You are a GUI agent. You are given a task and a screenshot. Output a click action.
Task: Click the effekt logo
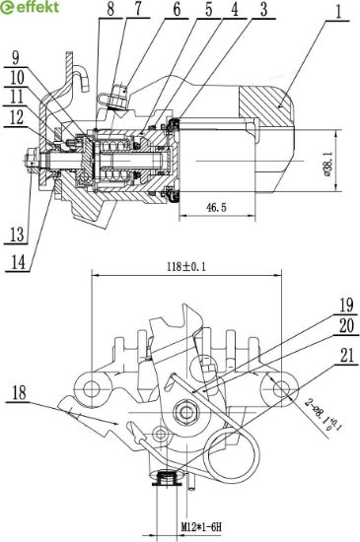30,7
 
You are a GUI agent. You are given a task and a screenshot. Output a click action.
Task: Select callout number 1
339,12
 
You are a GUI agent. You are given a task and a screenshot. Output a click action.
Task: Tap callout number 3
264,9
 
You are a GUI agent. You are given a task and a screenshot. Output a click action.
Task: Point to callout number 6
177,9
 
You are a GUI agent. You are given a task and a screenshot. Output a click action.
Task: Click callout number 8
110,9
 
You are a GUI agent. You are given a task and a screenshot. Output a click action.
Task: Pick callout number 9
16,57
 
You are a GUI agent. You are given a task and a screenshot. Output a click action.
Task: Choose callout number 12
16,117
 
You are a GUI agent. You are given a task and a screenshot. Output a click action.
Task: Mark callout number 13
17,235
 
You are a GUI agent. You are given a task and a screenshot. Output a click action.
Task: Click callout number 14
18,262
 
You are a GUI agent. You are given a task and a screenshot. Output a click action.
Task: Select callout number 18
20,393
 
